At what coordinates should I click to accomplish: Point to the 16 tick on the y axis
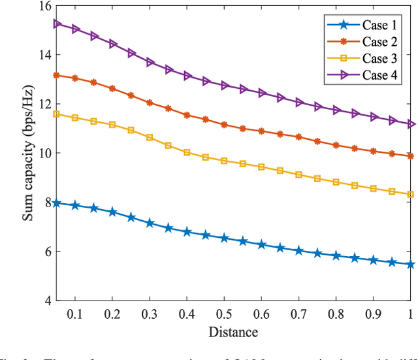click(40, 5)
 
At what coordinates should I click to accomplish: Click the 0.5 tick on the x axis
click(224, 314)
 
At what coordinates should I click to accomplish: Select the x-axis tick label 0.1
click(75, 314)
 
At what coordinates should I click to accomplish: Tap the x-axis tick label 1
click(410, 314)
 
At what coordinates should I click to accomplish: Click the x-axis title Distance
click(233, 333)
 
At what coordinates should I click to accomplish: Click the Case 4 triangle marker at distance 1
click(410, 123)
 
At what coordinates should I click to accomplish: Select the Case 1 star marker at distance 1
click(410, 265)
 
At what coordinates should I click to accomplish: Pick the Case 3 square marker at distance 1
click(410, 194)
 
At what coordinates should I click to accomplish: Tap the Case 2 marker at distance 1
click(410, 156)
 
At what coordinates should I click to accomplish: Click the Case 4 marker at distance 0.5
click(224, 86)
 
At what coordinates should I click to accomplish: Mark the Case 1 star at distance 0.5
click(224, 238)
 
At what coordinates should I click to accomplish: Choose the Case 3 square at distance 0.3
click(150, 137)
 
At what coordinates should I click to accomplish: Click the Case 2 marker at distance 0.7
click(298, 137)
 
